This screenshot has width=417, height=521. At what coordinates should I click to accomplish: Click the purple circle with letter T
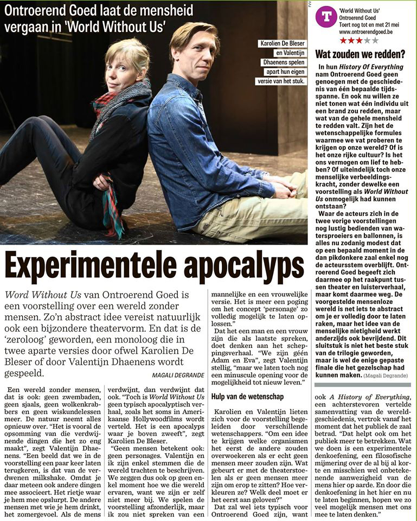click(326, 17)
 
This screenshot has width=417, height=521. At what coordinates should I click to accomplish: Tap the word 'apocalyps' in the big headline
click(243, 265)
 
